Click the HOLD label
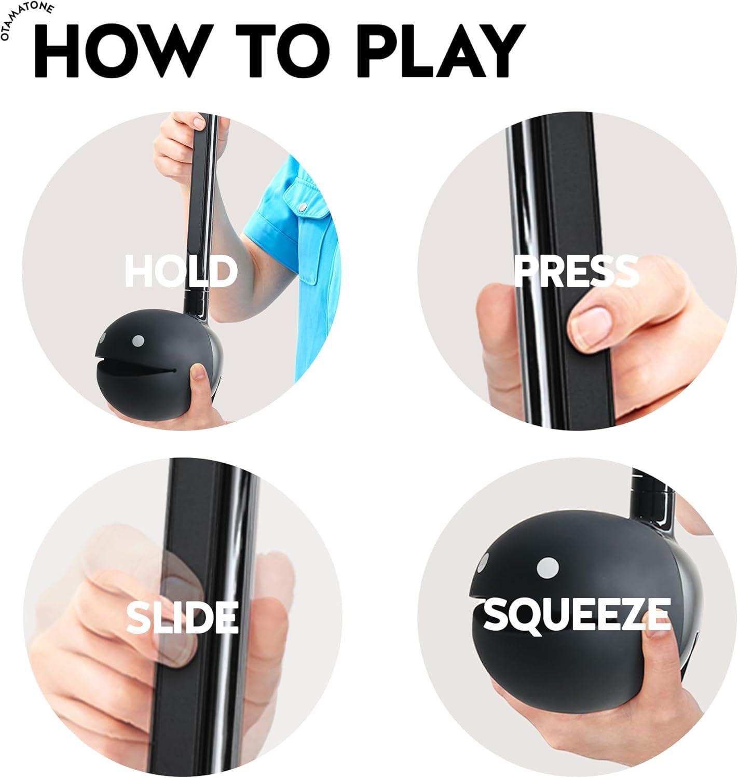pos(181,271)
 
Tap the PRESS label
pos(576,271)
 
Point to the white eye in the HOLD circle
pos(138,341)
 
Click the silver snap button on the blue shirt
pos(301,208)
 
